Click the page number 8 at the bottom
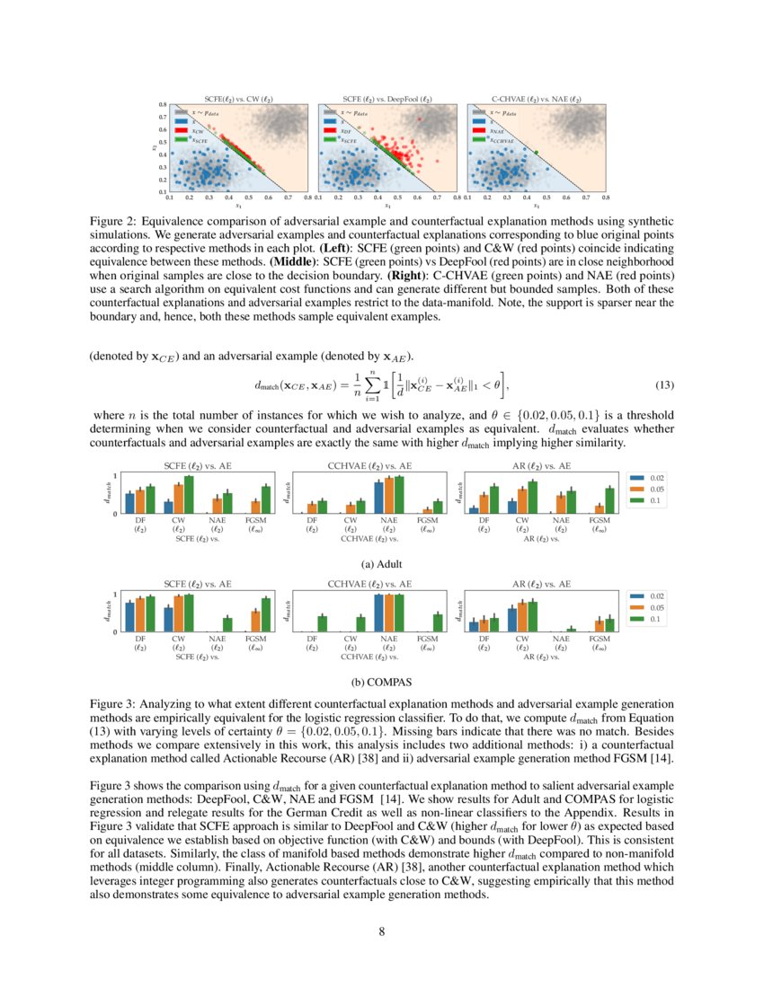382,931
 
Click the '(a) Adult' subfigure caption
381,564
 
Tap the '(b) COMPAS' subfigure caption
381,682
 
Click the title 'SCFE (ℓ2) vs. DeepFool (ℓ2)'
387,98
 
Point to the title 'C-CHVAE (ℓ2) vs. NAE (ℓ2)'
536,98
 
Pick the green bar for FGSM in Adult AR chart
609,500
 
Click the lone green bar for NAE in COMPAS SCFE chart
227,624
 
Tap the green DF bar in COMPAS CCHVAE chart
323,623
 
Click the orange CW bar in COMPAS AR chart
522,617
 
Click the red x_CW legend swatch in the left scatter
182,131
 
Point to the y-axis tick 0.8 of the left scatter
163,105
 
